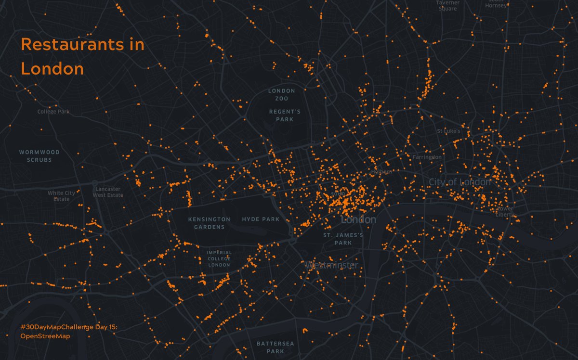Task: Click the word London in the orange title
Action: tap(53, 69)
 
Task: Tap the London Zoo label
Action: tap(282, 94)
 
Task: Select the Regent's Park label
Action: tap(284, 116)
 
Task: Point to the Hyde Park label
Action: tap(261, 219)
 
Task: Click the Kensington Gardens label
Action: tap(209, 223)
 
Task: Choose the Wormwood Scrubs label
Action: tap(39, 156)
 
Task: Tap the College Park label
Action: tap(53, 112)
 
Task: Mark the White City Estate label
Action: tap(61, 196)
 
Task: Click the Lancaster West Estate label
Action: tap(108, 192)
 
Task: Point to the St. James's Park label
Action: tap(343, 239)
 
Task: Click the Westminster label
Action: tap(332, 265)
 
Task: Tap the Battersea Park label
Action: tap(275, 347)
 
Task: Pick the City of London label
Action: tap(460, 182)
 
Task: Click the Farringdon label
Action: tap(427, 157)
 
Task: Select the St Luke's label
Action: tap(448, 131)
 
